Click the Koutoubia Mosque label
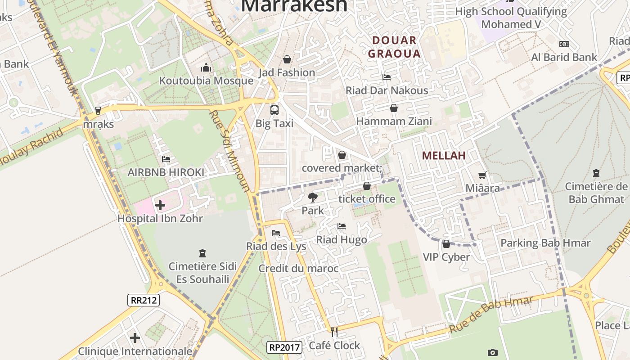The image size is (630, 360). point(206,81)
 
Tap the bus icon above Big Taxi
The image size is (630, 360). point(274,110)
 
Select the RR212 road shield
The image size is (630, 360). point(144,300)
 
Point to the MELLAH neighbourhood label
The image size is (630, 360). point(444,156)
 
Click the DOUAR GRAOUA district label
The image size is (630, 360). point(394,47)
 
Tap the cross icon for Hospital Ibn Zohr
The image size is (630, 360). point(160,206)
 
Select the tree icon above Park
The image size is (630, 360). point(312,197)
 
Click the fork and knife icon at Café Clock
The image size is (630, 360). point(334,332)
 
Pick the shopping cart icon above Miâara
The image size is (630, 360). point(482,175)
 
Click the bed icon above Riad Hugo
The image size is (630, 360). point(342,226)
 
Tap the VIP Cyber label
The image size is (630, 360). point(446,257)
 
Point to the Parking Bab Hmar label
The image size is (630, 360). point(545,243)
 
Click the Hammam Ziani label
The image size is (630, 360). point(394,121)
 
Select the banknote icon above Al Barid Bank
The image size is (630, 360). point(564,44)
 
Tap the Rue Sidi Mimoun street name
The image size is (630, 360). point(230,151)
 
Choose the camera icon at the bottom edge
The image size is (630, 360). point(493,352)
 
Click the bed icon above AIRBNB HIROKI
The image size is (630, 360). point(166,159)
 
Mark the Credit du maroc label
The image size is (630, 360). point(298,269)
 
